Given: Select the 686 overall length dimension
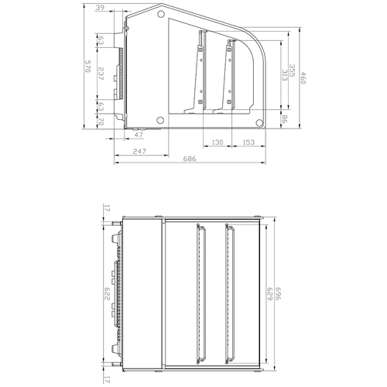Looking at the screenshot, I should point(190,159).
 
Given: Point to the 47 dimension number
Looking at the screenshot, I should point(139,135).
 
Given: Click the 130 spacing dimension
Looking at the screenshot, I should point(217,143).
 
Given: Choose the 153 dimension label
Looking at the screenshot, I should point(248,143).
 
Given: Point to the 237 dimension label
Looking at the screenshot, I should point(101,75).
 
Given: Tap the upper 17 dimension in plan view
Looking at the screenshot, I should point(107,209).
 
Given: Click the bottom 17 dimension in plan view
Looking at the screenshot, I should point(107,379).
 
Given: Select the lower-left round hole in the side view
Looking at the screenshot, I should point(159,120).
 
